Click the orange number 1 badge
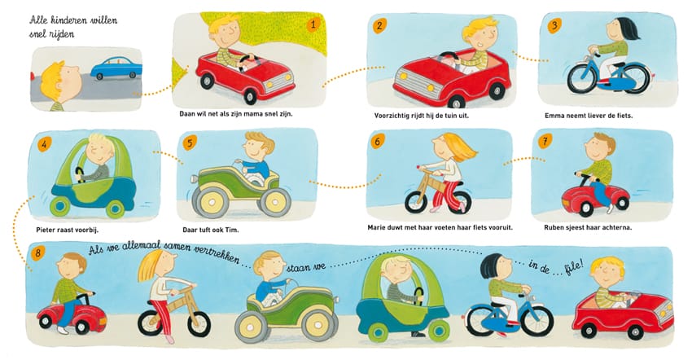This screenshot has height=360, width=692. [x=313, y=24]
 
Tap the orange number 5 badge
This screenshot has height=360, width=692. [x=190, y=143]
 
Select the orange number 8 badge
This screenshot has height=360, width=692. [x=38, y=252]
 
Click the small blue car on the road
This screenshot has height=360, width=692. [x=116, y=68]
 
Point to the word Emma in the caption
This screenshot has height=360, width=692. [x=554, y=116]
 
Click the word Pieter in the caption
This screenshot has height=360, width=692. [x=46, y=230]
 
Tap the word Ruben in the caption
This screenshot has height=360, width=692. [x=554, y=227]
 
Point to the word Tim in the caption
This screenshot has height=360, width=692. [x=232, y=230]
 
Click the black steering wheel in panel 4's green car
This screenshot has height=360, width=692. [x=80, y=173]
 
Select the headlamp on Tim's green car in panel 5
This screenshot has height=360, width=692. [x=195, y=179]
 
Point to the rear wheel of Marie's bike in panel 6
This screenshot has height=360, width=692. [x=459, y=202]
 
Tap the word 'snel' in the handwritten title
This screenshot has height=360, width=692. [x=38, y=34]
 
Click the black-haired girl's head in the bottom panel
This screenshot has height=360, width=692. [x=496, y=266]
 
